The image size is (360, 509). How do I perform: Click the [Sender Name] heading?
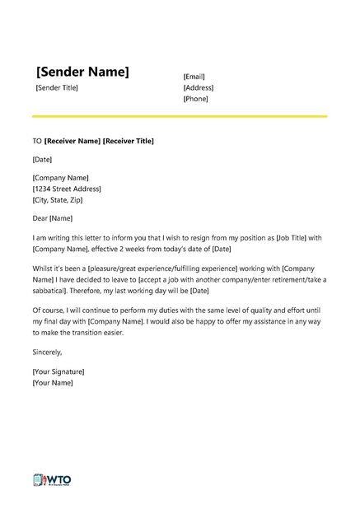pyautogui.click(x=82, y=72)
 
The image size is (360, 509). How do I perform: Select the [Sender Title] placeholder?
pyautogui.click(x=57, y=88)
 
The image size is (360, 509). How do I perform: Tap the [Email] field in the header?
pyautogui.click(x=194, y=77)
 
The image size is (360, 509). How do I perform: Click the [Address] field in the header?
pyautogui.click(x=198, y=87)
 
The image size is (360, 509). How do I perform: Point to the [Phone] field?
pyautogui.click(x=195, y=99)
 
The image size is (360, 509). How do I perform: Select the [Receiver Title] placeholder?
pyautogui.click(x=128, y=141)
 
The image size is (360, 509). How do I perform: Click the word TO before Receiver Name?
pyautogui.click(x=37, y=141)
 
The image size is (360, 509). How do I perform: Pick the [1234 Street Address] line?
pyautogui.click(x=66, y=189)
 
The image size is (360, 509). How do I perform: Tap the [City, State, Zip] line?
pyautogui.click(x=58, y=199)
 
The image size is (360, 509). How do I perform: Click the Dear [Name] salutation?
pyautogui.click(x=53, y=218)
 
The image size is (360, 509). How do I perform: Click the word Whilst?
pyautogui.click(x=44, y=269)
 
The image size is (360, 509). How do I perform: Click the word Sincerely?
pyautogui.click(x=47, y=352)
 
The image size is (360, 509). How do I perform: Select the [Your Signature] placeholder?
pyautogui.click(x=58, y=371)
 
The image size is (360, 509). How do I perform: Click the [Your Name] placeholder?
pyautogui.click(x=53, y=382)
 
